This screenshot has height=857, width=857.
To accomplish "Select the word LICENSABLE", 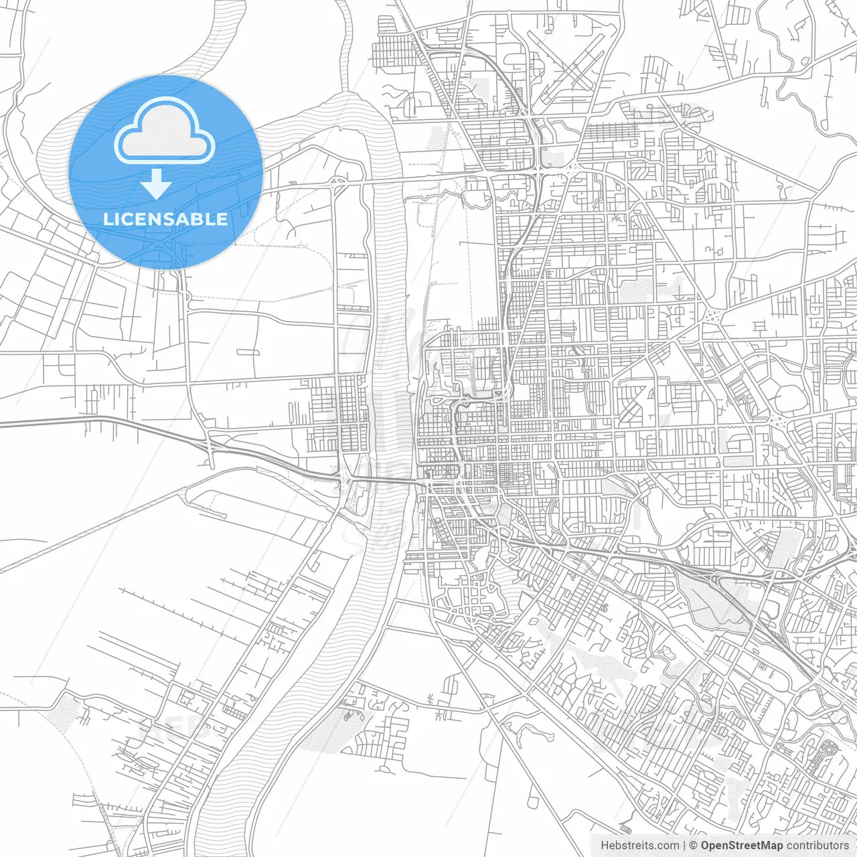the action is click(x=165, y=220).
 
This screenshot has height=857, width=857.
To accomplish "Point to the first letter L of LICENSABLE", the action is click(x=107, y=220).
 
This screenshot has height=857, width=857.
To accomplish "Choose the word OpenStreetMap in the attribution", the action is click(x=742, y=846).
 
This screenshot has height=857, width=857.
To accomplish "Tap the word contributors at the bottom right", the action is click(x=817, y=846).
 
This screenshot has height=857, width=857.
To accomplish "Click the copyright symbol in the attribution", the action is click(x=694, y=846).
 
